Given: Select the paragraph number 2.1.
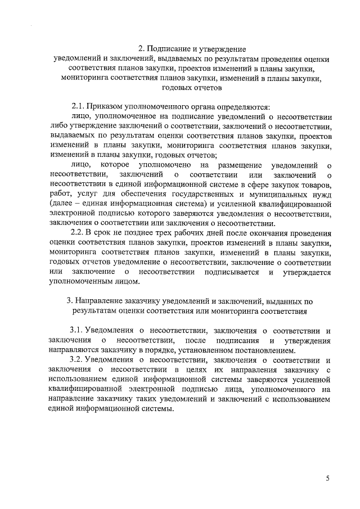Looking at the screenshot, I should (79, 107).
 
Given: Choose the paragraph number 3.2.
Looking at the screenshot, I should (78, 359).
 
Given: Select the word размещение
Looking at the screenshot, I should (238, 164).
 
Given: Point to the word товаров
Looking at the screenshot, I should (313, 184).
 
